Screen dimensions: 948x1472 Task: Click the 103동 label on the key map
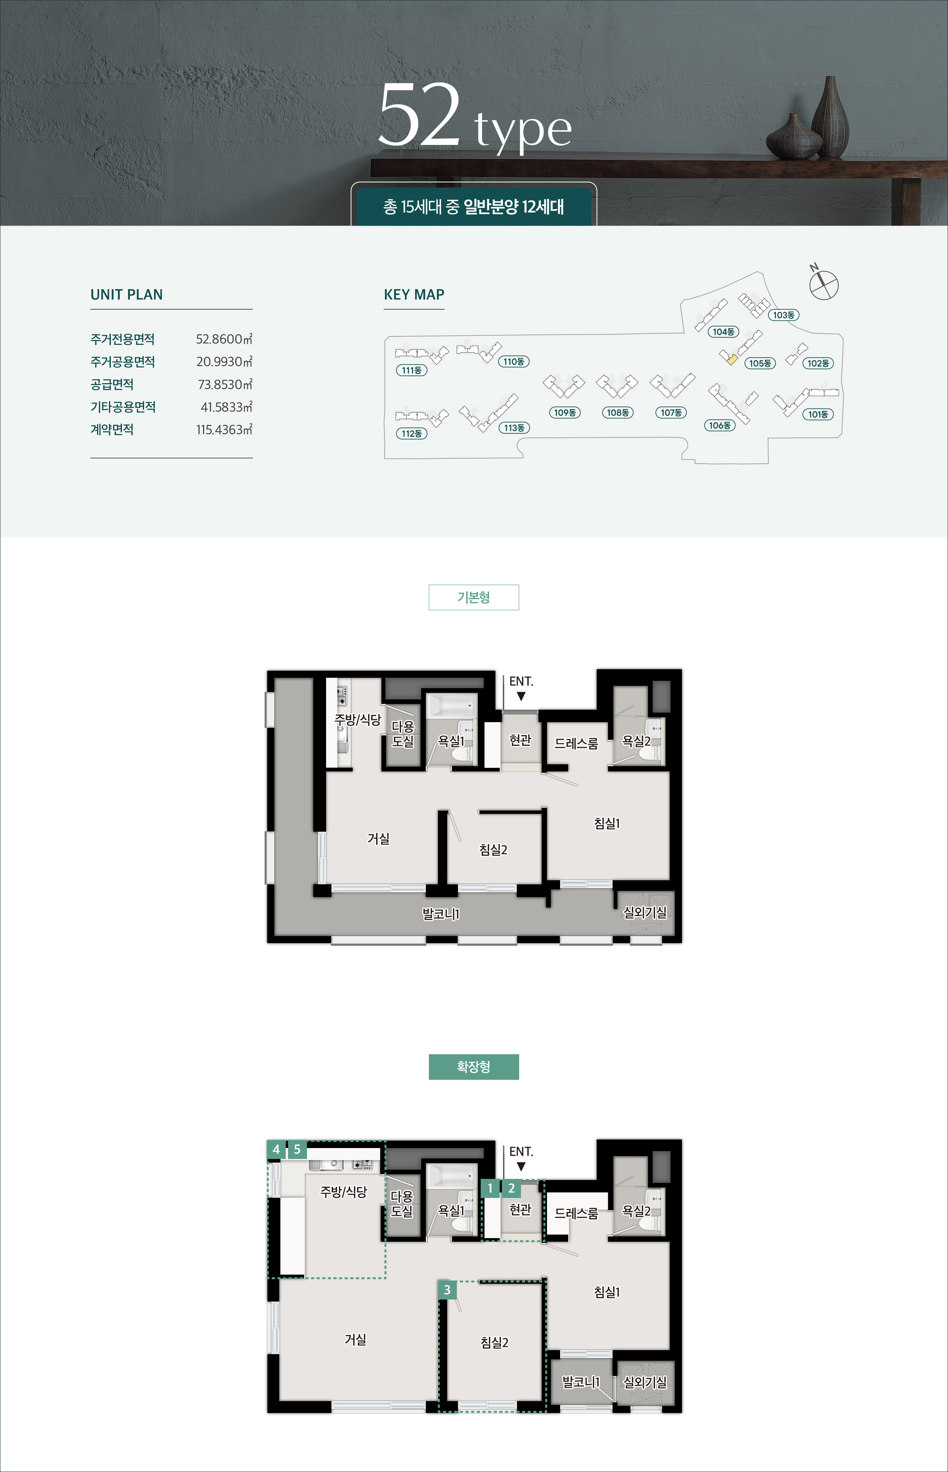click(x=784, y=315)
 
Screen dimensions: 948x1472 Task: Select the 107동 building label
click(x=671, y=413)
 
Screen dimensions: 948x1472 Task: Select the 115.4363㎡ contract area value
click(x=224, y=430)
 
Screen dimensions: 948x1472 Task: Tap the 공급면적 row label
click(x=112, y=385)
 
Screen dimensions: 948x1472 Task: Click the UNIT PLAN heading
click(x=127, y=295)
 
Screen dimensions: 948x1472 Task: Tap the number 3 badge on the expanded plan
click(x=447, y=1289)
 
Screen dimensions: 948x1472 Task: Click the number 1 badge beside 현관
click(x=490, y=1188)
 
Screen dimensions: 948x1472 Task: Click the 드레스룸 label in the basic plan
click(x=576, y=744)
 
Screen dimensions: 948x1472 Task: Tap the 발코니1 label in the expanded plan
click(x=581, y=1382)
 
